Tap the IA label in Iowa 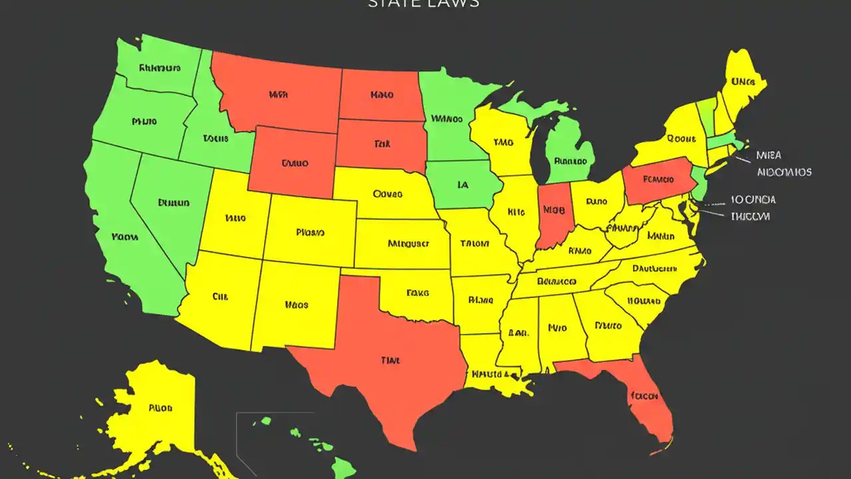463,185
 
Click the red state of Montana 279,93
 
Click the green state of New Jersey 699,183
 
